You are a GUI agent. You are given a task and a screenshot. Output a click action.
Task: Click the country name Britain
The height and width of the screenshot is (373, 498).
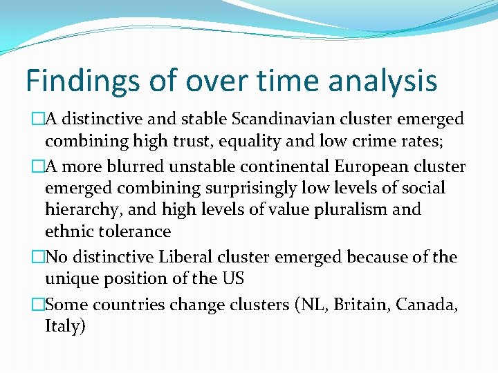[x=358, y=305]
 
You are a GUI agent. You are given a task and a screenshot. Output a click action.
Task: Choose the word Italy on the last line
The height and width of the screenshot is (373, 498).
[x=64, y=327]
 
